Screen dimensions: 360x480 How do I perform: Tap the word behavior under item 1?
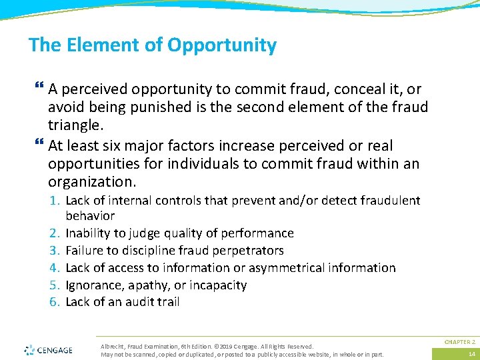point(90,216)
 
